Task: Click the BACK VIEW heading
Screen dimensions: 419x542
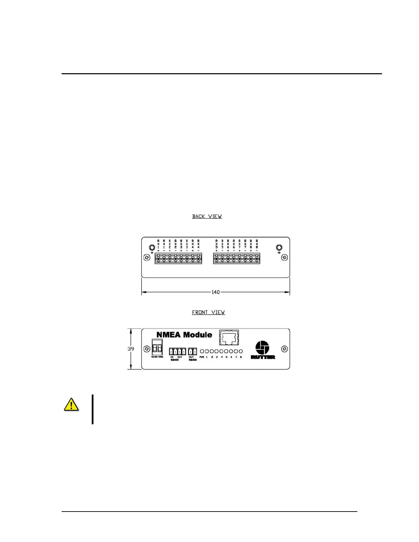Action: pyautogui.click(x=207, y=216)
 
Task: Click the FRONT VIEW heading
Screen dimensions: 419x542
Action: pyautogui.click(x=208, y=312)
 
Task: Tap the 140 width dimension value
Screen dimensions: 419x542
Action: pyautogui.click(x=215, y=292)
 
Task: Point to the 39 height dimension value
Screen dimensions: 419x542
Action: pyautogui.click(x=131, y=349)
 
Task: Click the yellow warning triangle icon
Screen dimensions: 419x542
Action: pyautogui.click(x=71, y=404)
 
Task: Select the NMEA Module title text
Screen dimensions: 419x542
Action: pyautogui.click(x=184, y=335)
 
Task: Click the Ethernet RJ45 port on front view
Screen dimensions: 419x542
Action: pyautogui.click(x=229, y=338)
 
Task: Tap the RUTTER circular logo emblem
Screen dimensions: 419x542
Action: pyautogui.click(x=263, y=348)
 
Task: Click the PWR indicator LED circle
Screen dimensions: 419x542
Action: pyautogui.click(x=202, y=351)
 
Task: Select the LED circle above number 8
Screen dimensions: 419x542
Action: pyautogui.click(x=241, y=351)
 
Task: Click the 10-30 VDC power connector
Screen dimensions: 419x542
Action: pyautogui.click(x=157, y=347)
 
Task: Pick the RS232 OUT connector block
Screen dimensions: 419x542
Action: pyautogui.click(x=192, y=351)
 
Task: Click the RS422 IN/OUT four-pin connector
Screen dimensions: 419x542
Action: pyautogui.click(x=177, y=351)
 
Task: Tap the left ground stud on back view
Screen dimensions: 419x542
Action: pyautogui.click(x=152, y=248)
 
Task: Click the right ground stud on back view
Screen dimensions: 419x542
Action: pyautogui.click(x=279, y=248)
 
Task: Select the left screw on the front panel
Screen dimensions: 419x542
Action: pyautogui.click(x=147, y=349)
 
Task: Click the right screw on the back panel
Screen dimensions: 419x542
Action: pyautogui.click(x=284, y=257)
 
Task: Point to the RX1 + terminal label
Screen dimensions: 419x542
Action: pyautogui.click(x=158, y=246)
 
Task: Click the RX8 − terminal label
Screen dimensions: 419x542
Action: pyautogui.click(x=257, y=246)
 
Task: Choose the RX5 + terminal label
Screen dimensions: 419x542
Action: pyautogui.click(x=217, y=246)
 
